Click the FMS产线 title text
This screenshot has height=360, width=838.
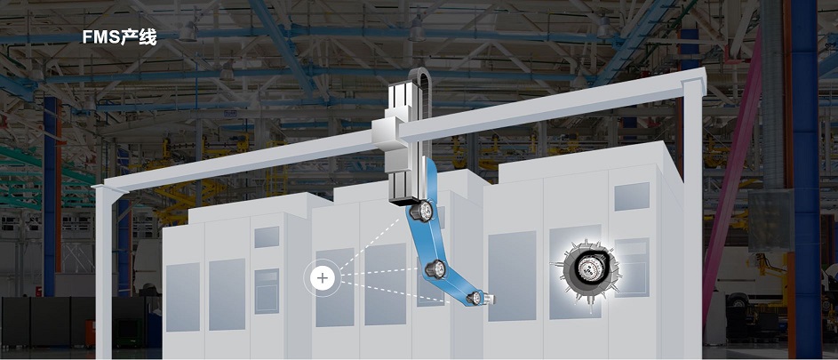(119, 37)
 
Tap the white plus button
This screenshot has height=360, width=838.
(323, 278)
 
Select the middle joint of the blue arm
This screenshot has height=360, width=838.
(436, 268)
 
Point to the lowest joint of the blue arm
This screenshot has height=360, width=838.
(475, 298)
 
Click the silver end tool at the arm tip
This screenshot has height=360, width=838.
(490, 299)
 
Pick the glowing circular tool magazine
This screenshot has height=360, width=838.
(587, 270)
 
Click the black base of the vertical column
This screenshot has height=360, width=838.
(404, 200)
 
